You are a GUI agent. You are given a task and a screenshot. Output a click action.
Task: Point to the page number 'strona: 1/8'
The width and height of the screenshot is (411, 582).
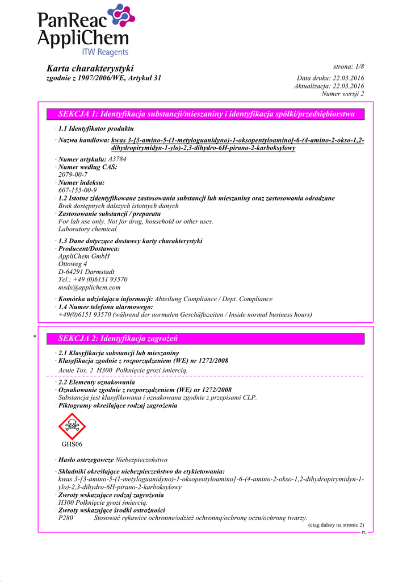click(x=348, y=67)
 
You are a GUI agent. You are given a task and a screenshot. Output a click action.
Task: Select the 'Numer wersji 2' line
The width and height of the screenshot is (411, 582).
click(x=342, y=94)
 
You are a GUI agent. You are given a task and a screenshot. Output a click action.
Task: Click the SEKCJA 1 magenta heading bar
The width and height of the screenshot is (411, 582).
click(x=206, y=114)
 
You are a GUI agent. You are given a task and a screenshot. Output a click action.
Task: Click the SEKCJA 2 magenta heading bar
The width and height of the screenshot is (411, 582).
click(x=206, y=339)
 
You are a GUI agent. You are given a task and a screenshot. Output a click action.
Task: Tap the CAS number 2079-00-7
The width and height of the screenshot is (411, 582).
click(x=73, y=174)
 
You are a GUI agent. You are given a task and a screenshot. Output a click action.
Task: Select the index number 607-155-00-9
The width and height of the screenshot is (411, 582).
click(x=77, y=190)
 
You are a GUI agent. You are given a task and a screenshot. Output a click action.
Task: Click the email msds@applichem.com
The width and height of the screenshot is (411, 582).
click(x=90, y=288)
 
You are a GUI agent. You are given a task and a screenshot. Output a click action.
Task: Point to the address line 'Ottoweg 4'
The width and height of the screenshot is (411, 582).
click(x=73, y=264)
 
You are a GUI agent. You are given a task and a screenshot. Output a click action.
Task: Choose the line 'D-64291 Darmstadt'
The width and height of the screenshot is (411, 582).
click(x=86, y=272)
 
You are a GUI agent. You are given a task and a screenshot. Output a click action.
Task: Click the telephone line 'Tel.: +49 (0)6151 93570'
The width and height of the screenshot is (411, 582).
click(x=93, y=280)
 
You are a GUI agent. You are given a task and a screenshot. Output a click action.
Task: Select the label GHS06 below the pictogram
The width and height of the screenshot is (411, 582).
click(x=72, y=444)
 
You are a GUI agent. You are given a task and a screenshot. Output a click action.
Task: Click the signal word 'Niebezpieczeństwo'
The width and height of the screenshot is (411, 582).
click(x=141, y=459)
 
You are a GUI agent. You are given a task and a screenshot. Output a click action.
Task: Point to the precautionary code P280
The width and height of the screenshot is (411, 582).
click(x=66, y=518)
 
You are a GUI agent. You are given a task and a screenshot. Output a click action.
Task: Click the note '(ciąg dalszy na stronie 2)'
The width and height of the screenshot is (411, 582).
click(x=336, y=525)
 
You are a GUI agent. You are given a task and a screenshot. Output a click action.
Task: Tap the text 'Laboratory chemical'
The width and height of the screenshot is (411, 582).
click(x=87, y=229)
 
